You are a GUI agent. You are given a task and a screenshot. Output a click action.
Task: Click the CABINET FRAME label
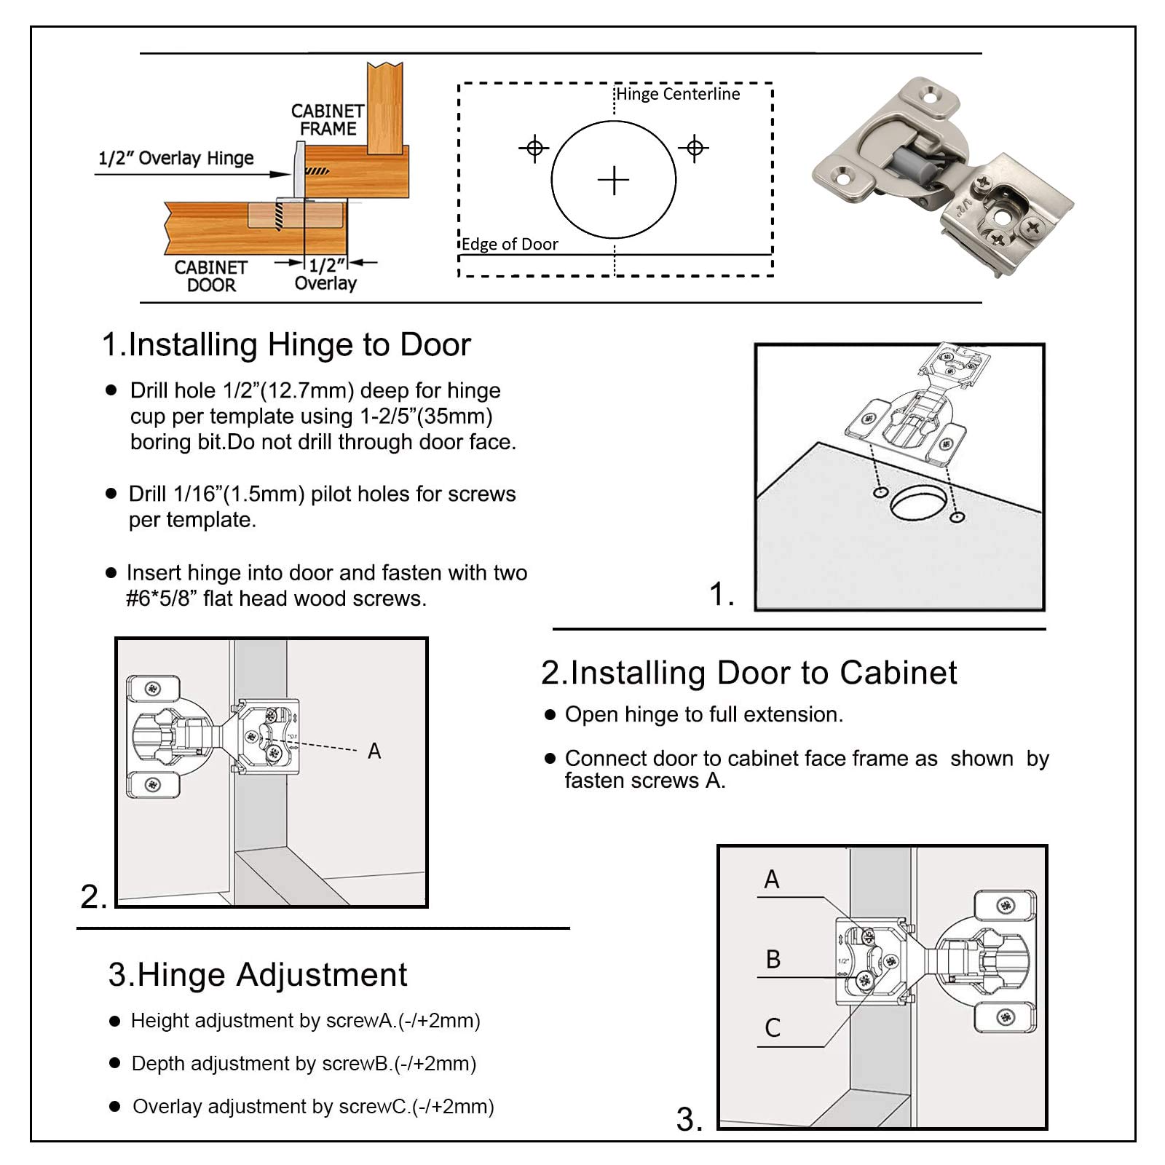coord(328,120)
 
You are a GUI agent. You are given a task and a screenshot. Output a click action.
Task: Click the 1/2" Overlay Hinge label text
coord(176,158)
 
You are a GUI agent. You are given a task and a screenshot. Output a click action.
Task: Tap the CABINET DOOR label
coord(210,276)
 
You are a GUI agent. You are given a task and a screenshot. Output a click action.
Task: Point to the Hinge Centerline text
coord(678,94)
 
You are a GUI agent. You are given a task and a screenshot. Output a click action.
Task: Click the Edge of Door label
coord(510,244)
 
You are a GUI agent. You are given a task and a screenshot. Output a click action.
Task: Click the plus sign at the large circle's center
coord(613,180)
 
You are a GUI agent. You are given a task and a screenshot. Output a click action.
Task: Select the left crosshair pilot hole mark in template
coord(534,149)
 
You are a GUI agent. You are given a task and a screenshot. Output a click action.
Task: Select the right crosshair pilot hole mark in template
coord(695,149)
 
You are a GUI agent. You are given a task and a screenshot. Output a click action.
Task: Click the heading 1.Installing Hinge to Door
coord(286,344)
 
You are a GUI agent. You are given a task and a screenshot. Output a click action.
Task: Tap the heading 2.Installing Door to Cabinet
coord(749,673)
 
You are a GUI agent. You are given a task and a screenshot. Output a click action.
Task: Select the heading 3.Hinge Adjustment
coord(258,974)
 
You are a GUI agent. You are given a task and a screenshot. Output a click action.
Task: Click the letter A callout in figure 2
coord(374,751)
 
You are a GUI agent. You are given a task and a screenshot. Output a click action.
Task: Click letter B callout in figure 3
coord(773,959)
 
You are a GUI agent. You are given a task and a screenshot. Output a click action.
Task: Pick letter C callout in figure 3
coord(773,1027)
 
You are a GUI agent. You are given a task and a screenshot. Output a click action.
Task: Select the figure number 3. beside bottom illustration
coord(690,1119)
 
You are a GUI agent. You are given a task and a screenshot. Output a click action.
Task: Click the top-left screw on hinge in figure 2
coord(153,689)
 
